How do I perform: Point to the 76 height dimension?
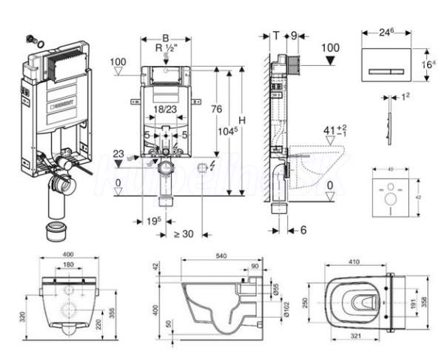click(x=215, y=109)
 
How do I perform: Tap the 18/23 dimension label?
click(x=165, y=108)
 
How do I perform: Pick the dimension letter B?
click(x=166, y=37)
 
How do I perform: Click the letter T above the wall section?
click(x=275, y=35)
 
